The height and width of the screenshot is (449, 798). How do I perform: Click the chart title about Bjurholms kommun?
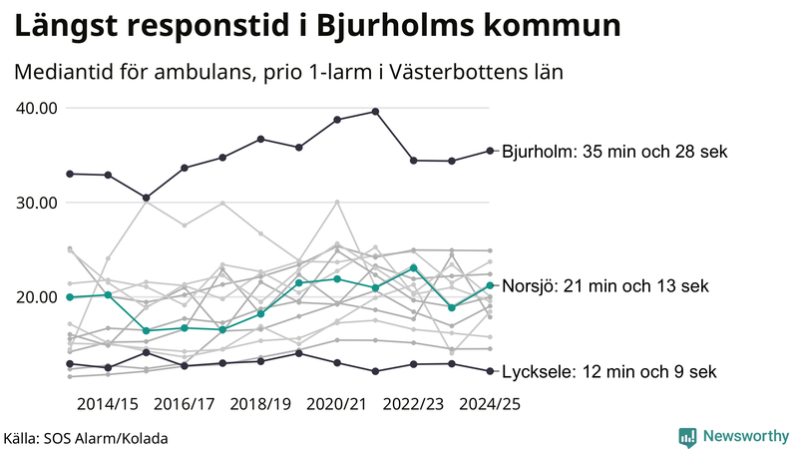coord(316,27)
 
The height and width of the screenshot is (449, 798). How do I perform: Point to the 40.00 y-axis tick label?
coord(38,108)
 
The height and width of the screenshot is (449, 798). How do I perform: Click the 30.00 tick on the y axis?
coord(38,203)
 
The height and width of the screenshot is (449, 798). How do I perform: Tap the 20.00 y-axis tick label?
coord(38,297)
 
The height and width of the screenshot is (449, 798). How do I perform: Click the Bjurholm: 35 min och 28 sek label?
coord(615,152)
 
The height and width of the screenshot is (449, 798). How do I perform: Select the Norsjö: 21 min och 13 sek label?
coord(605,286)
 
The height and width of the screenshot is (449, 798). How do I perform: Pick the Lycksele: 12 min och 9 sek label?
coord(608,372)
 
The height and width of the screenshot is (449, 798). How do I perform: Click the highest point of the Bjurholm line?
coord(375,112)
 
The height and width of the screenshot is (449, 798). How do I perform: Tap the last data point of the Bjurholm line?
coord(490,151)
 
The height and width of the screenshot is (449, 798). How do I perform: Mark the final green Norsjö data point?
coord(490,285)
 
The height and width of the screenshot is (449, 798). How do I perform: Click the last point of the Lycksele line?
coord(490,371)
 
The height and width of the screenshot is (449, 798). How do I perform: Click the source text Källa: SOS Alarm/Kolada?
coord(86,438)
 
